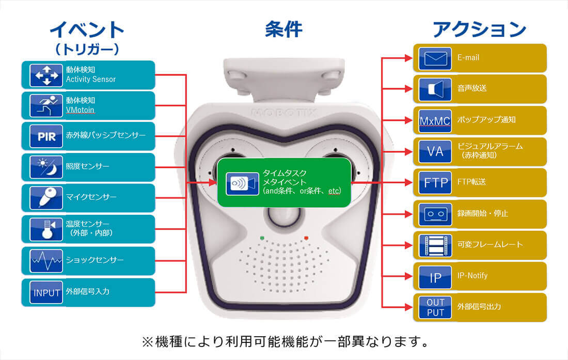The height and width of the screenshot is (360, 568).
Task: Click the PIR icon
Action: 46,136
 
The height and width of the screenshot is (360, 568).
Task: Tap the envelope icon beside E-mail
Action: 435,58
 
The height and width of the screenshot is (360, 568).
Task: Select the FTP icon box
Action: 435,182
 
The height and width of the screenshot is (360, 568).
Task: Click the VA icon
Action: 435,151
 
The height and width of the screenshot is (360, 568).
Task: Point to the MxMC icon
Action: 435,121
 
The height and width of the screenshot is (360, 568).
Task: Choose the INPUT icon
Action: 46,292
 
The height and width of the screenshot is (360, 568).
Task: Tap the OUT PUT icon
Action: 435,307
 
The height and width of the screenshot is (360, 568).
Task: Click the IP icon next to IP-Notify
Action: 435,277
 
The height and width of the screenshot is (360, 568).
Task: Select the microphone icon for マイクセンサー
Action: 46,198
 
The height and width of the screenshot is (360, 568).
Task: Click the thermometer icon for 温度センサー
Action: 46,229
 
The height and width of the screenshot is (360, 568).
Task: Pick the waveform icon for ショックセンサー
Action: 46,261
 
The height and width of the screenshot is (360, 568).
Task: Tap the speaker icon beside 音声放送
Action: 435,89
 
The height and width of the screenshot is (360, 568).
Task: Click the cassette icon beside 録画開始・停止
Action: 435,214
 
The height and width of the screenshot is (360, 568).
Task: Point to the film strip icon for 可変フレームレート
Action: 435,245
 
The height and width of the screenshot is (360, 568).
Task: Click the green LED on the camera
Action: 262,238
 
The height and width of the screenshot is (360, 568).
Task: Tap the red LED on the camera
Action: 306,238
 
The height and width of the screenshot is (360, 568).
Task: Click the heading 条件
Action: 283,29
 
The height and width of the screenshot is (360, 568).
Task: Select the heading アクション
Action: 479,29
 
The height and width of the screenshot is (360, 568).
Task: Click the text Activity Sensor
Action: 90,80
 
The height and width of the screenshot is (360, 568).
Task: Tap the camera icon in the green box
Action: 242,183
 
